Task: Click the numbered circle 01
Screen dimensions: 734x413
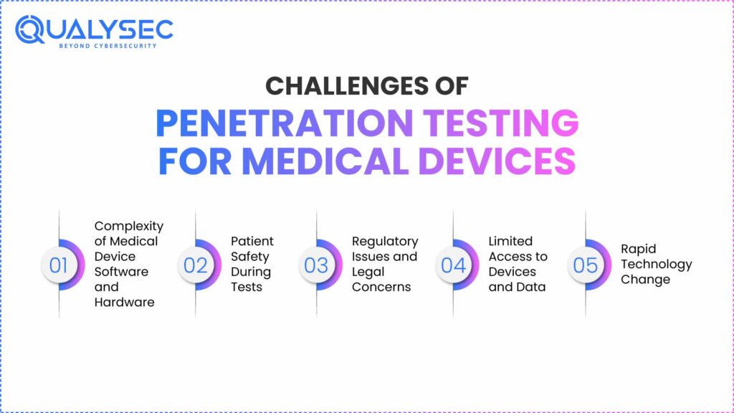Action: tap(59, 265)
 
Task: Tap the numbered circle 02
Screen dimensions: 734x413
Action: tap(195, 265)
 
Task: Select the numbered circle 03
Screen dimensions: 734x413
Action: tap(316, 265)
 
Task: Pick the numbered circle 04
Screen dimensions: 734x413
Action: tap(453, 265)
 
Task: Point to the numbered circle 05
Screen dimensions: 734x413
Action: tap(585, 265)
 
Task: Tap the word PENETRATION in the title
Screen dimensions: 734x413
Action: tap(284, 123)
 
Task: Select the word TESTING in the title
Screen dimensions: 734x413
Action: tap(501, 123)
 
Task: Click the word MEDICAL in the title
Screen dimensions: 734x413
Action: tap(325, 161)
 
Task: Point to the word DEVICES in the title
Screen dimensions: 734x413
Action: tap(497, 161)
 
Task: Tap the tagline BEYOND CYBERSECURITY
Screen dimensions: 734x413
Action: tap(108, 46)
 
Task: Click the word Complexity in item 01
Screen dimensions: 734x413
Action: tap(129, 227)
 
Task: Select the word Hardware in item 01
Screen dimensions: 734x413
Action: tap(124, 303)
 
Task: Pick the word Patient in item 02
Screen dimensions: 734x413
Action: tap(252, 241)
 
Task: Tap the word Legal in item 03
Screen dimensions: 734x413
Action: tap(368, 272)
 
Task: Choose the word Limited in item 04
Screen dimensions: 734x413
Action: tap(510, 241)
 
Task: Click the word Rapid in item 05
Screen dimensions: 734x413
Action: tap(639, 250)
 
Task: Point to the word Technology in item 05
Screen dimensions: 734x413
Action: tap(657, 265)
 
